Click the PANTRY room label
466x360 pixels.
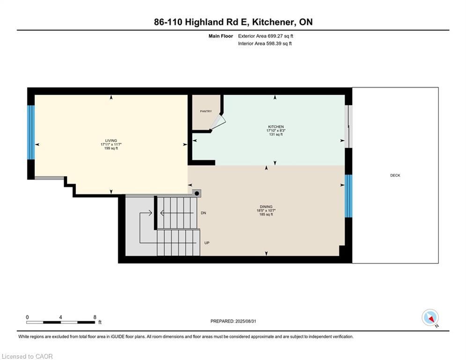coord(206,111)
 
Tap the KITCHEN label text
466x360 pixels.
coord(275,127)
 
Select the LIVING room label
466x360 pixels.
coord(111,141)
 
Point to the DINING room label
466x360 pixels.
coord(266,207)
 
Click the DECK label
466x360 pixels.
coord(395,175)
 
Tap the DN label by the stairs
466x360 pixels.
coord(203,213)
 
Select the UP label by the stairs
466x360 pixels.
coord(206,243)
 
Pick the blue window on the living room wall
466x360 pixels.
coord(31,132)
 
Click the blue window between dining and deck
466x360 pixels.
coord(348,196)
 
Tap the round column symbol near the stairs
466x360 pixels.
coord(197,193)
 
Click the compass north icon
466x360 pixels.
coord(429,318)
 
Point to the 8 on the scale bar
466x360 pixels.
coord(95,317)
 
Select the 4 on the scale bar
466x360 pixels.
coord(61,317)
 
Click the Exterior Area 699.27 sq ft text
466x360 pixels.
coord(266,36)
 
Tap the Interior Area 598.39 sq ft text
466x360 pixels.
coord(265,44)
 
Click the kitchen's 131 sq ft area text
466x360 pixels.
coord(275,135)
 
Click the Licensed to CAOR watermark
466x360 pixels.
coord(28,356)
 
